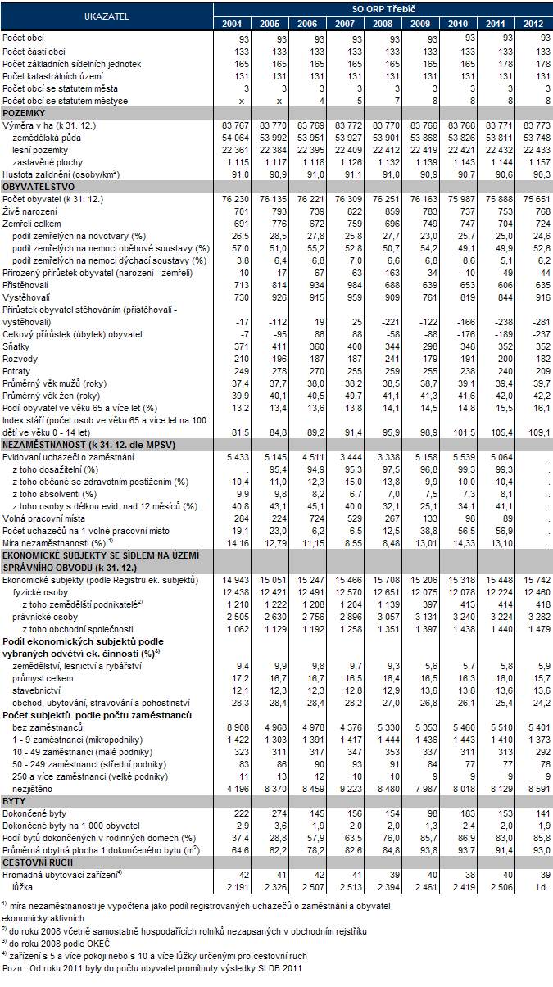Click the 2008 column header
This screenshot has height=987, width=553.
point(383,23)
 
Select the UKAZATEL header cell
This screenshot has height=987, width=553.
point(107,16)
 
